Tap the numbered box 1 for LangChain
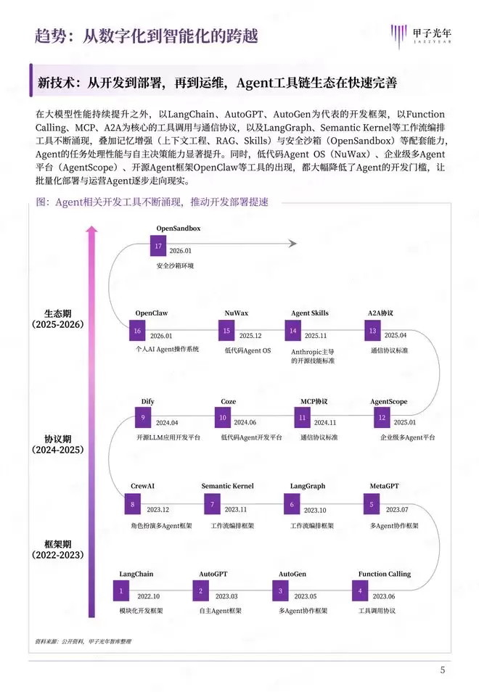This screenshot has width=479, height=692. [x=121, y=592]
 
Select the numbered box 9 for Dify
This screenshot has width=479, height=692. [x=143, y=419]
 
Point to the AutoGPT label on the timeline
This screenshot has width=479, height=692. [x=213, y=574]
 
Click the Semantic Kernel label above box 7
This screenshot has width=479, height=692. [x=227, y=486]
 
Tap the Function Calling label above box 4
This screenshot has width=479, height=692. [x=384, y=574]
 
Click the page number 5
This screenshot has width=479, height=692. [x=443, y=670]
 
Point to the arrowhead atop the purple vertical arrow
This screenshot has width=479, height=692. [x=91, y=230]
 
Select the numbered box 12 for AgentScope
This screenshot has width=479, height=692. [x=381, y=419]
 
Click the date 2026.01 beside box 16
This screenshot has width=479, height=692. [x=161, y=336]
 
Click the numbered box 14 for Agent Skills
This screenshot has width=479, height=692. [x=293, y=331]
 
